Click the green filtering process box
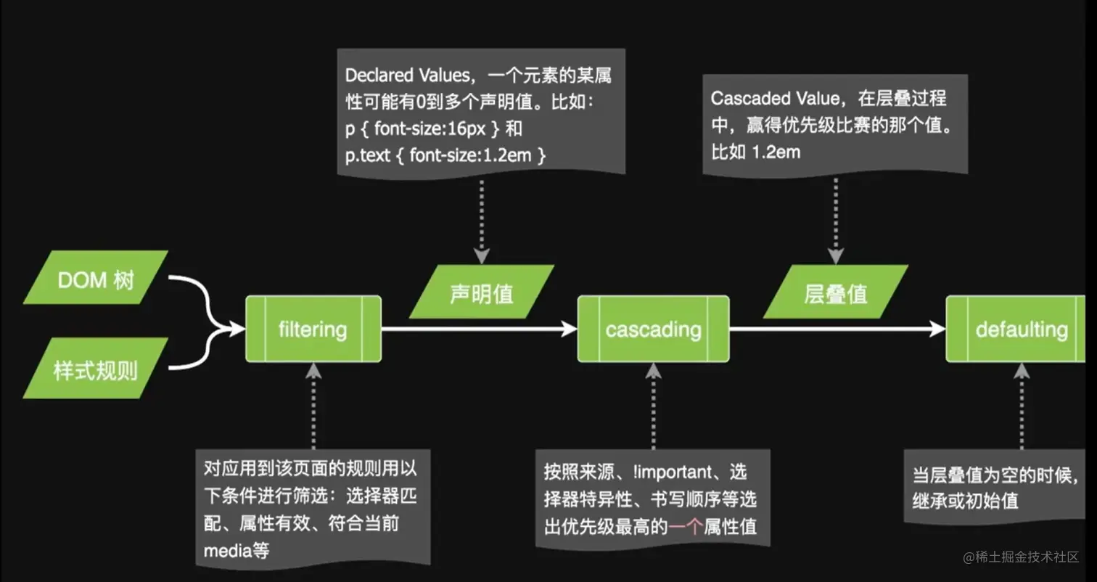point(313,329)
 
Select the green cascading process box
point(653,329)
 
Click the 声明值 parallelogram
point(481,292)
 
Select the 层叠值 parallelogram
point(836,292)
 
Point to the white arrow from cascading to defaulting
point(834,329)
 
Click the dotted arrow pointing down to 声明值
point(482,218)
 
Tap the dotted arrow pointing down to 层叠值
point(836,218)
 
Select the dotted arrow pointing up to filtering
point(313,406)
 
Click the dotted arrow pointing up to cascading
point(653,406)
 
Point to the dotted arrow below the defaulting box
point(1022,406)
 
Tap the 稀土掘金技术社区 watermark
point(1022,557)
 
